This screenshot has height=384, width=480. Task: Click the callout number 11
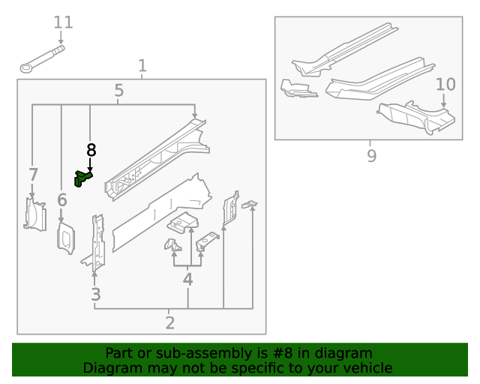(63, 22)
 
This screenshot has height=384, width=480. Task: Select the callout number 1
(142, 67)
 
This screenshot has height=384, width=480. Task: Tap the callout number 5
(119, 91)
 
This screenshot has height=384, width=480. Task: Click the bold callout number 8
(91, 150)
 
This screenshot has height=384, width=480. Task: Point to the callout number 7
(33, 175)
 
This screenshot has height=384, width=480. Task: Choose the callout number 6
(61, 199)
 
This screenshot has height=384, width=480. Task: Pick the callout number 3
(95, 295)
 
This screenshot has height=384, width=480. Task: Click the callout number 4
(187, 280)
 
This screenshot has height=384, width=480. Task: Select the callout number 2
(169, 323)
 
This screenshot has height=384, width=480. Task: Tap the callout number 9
(371, 156)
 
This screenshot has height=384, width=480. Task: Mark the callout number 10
(445, 83)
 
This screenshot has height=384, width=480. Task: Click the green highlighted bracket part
(82, 178)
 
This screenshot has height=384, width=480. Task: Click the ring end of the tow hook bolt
(27, 68)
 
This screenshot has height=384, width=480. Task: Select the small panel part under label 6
(65, 238)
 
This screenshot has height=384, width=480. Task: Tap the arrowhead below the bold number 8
(90, 169)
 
